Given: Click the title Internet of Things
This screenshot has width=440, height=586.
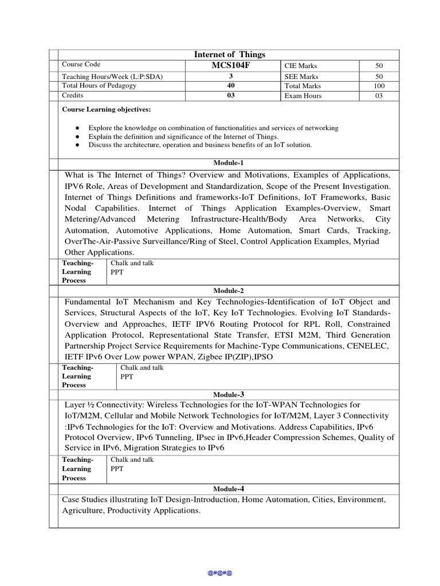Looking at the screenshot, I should pyautogui.click(x=229, y=54).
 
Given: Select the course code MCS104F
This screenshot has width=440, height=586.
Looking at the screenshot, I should pyautogui.click(x=231, y=65).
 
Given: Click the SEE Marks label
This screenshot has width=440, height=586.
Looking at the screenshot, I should pyautogui.click(x=301, y=76).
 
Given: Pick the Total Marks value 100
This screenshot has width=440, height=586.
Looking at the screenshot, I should pyautogui.click(x=379, y=86).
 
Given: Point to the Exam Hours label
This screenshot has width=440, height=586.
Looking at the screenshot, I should pyautogui.click(x=303, y=96).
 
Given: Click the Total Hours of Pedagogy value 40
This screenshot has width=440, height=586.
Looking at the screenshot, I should pyautogui.click(x=231, y=86).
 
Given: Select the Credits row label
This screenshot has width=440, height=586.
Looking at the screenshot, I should pyautogui.click(x=73, y=96).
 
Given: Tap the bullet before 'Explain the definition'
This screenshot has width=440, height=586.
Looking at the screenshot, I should pyautogui.click(x=77, y=137).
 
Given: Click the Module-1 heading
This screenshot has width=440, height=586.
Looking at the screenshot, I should pyautogui.click(x=229, y=163).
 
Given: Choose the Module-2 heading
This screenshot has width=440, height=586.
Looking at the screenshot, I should pyautogui.click(x=229, y=291).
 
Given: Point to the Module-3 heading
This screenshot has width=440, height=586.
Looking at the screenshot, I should pyautogui.click(x=229, y=394).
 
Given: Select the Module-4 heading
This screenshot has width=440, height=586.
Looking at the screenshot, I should pyautogui.click(x=229, y=489).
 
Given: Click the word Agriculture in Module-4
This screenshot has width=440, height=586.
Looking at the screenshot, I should pyautogui.click(x=82, y=510).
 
